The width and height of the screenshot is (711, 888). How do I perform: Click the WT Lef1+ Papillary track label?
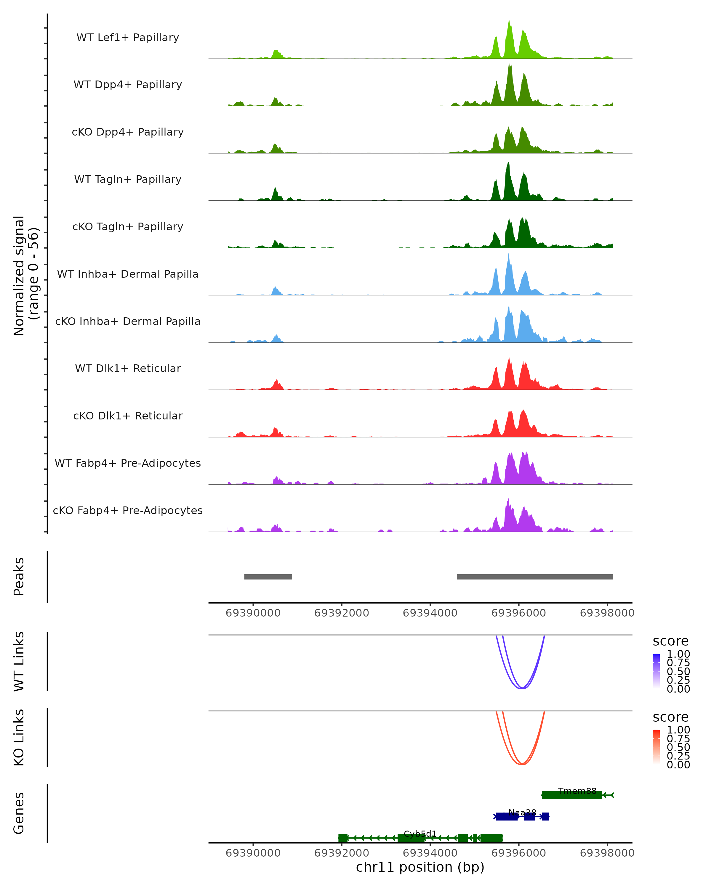click(x=128, y=38)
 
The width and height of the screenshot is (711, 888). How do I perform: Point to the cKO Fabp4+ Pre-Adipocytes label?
click(x=128, y=510)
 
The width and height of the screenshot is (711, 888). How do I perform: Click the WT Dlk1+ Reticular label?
click(x=128, y=368)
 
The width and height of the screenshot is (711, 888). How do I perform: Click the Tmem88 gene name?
click(x=577, y=791)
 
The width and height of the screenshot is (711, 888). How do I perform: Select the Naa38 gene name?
click(x=522, y=812)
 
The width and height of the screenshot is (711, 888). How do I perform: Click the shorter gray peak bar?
click(x=268, y=577)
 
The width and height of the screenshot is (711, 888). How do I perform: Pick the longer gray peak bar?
click(x=535, y=577)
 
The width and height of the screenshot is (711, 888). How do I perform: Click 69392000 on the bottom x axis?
click(x=341, y=853)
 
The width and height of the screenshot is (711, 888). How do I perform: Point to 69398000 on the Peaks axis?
click(x=607, y=613)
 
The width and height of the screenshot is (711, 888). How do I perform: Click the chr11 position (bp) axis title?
click(x=420, y=867)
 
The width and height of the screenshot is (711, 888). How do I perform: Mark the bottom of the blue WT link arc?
click(x=522, y=688)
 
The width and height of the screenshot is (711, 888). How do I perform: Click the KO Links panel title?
click(x=19, y=738)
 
